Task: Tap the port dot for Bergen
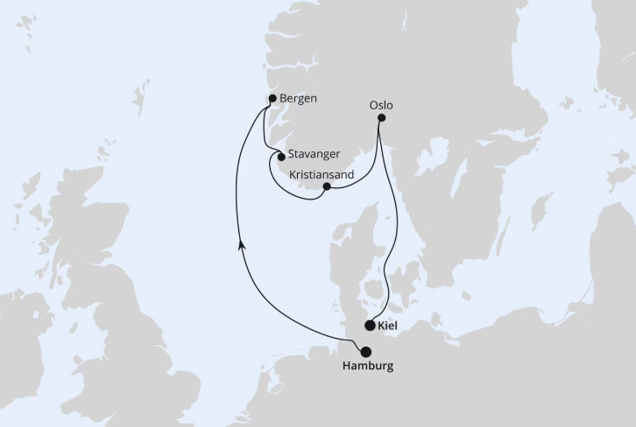pyautogui.click(x=273, y=98)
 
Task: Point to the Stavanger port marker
pyautogui.click(x=281, y=157)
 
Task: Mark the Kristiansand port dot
pyautogui.click(x=327, y=186)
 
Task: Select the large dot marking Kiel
pyautogui.click(x=371, y=326)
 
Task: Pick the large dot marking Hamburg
pyautogui.click(x=365, y=352)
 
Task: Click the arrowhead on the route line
pyautogui.click(x=242, y=248)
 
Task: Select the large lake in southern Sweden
pyautogui.click(x=429, y=157)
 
